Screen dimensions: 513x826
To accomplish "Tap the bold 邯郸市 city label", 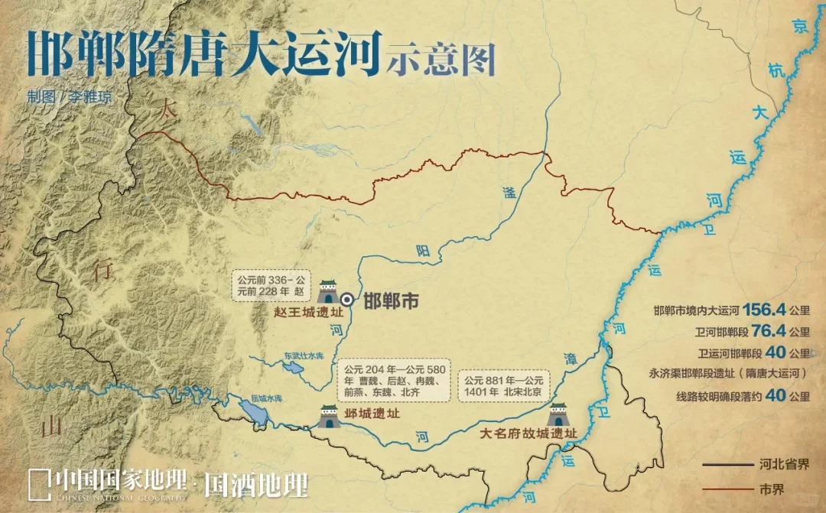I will pyautogui.click(x=391, y=301).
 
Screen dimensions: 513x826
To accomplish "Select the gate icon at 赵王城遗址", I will pyautogui.click(x=327, y=291).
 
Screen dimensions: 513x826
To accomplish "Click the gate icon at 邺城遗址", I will pyautogui.click(x=329, y=417).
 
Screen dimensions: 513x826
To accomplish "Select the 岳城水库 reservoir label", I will pyautogui.click(x=267, y=399).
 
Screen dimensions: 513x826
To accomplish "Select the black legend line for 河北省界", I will pyautogui.click(x=727, y=464).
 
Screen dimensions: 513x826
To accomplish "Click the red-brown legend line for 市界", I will pyautogui.click(x=727, y=489).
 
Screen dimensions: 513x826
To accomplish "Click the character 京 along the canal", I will pyautogui.click(x=801, y=28).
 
